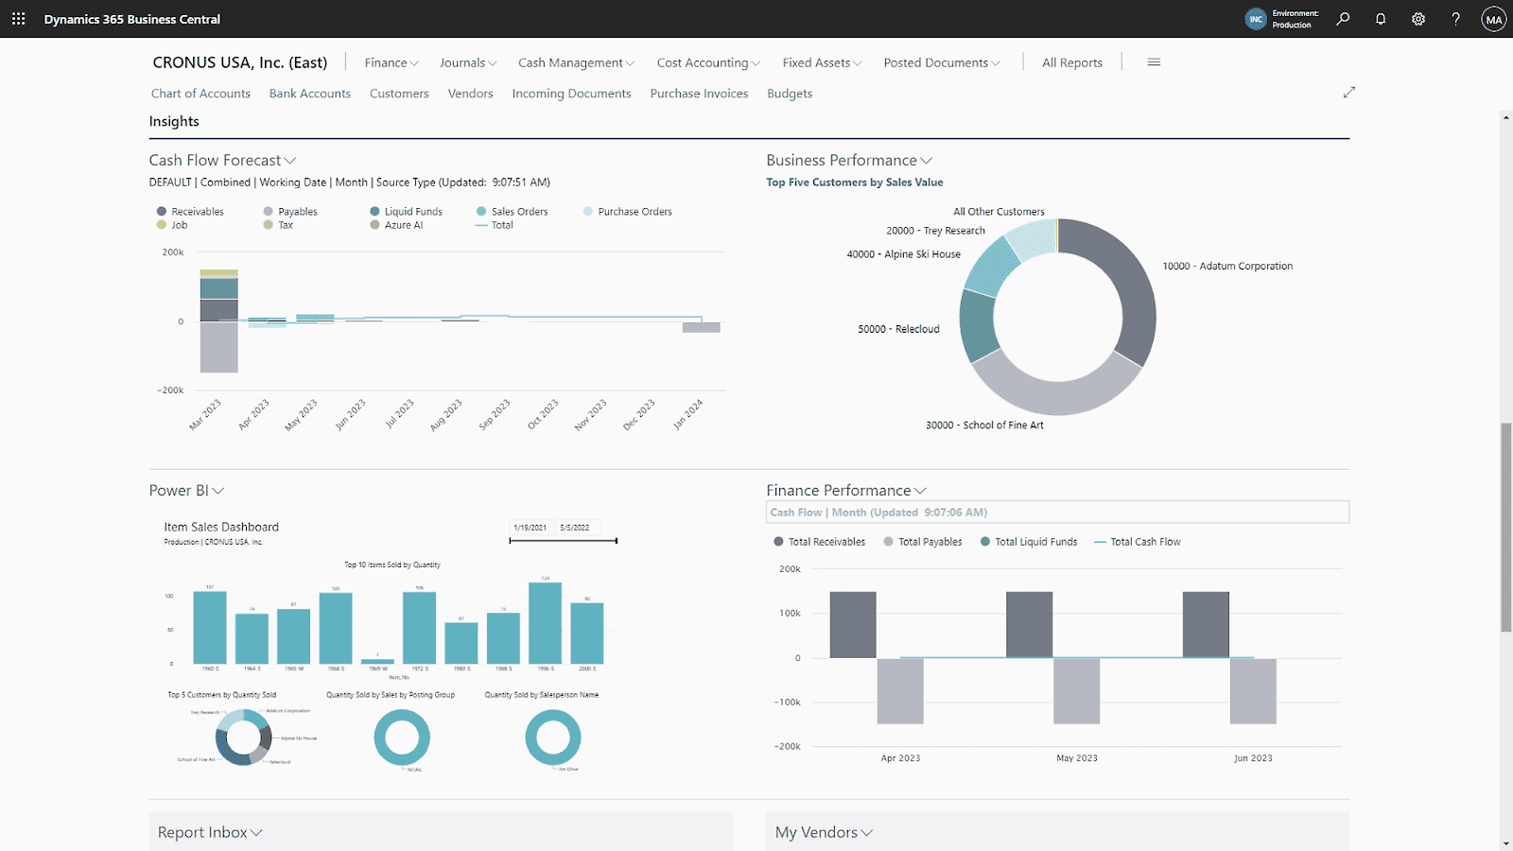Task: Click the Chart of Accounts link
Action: coord(200,94)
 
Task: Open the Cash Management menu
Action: coord(575,63)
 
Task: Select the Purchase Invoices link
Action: coord(699,94)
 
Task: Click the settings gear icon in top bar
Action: coord(1418,19)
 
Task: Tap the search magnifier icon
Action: coord(1343,19)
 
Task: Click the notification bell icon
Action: coord(1381,19)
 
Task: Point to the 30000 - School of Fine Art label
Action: coord(984,425)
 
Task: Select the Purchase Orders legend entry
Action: coord(634,212)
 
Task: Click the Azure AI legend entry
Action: coord(403,225)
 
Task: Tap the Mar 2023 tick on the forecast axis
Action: coord(205,414)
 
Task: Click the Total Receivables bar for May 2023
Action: coord(1029,624)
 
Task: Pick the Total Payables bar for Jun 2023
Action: coord(1253,691)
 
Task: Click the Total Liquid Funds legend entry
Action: coord(1035,542)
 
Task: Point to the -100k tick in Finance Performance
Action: coord(787,703)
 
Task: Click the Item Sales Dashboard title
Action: coord(221,528)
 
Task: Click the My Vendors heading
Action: coord(816,832)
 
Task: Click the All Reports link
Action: coord(1071,63)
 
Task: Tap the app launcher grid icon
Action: coord(19,19)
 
